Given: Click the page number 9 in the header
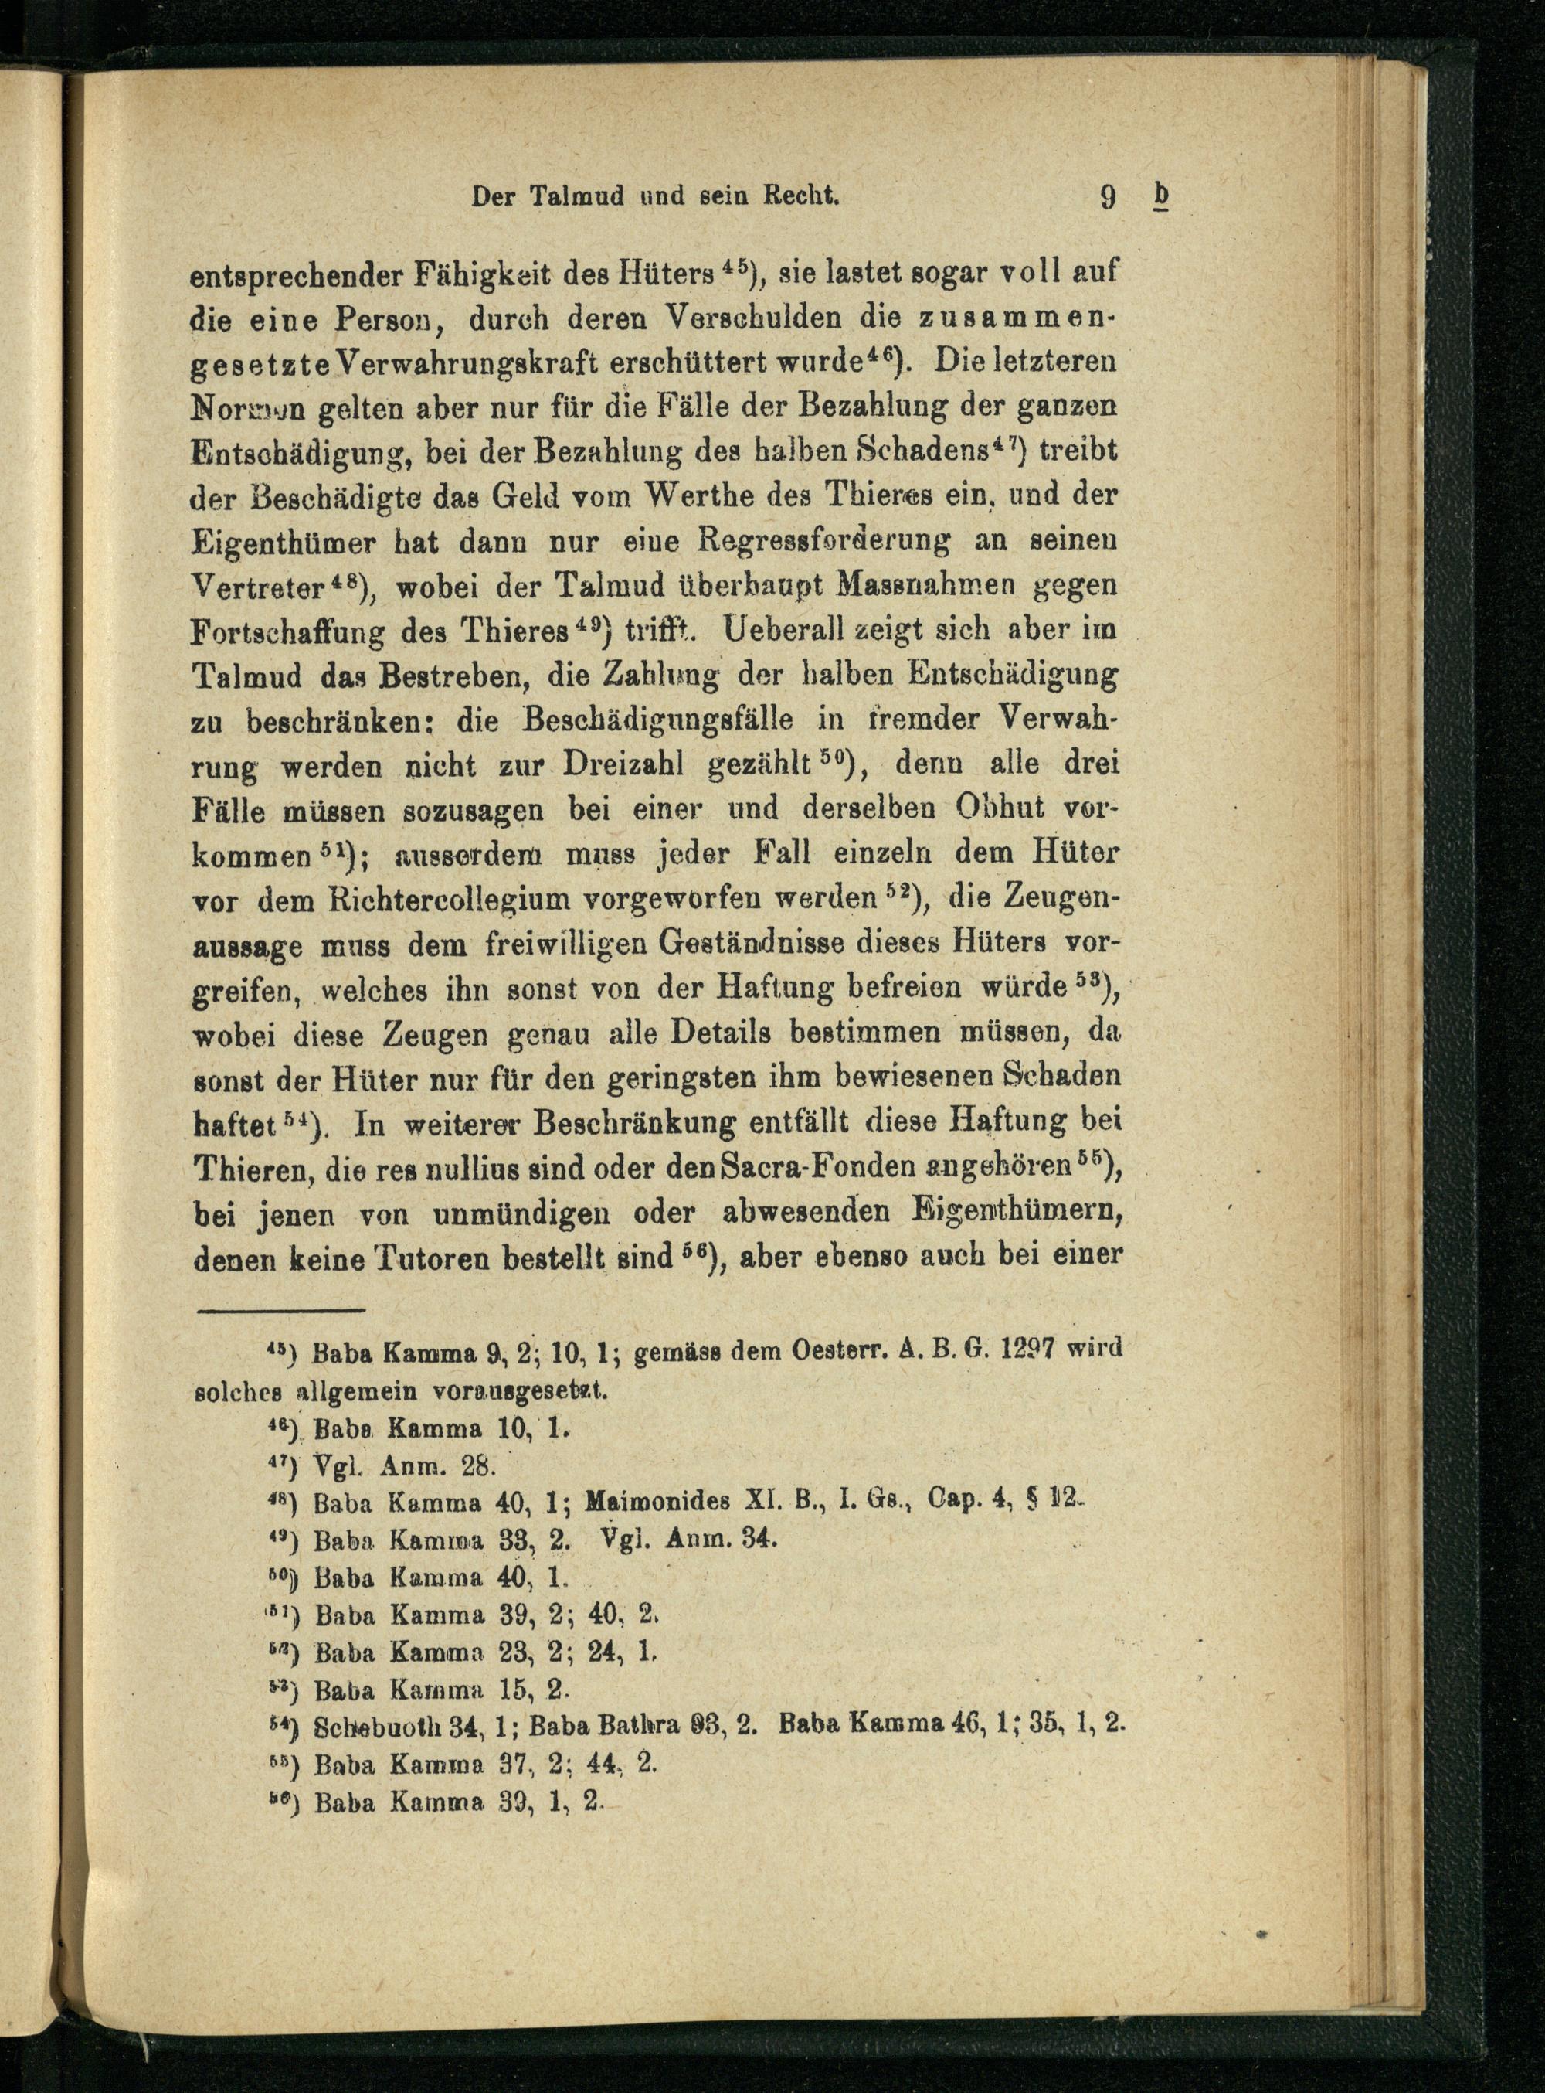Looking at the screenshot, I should click(x=1109, y=197).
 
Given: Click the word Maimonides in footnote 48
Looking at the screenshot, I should click(x=656, y=1503).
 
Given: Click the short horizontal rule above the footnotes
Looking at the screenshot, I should click(x=279, y=1310).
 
